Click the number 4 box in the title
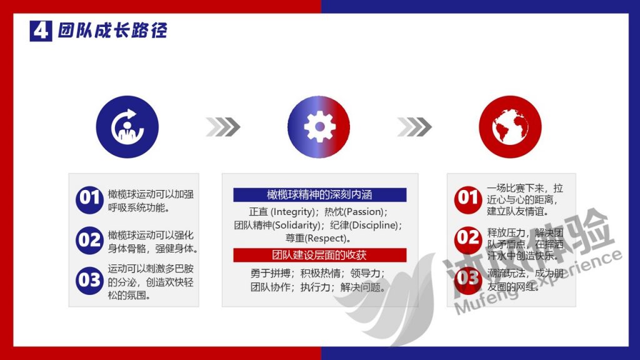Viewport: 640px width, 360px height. pos(41,31)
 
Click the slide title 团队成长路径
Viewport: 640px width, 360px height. pos(112,31)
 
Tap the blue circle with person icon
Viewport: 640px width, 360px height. pos(127,127)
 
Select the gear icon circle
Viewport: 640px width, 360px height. pos(319,127)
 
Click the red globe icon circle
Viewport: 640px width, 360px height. pos(509,127)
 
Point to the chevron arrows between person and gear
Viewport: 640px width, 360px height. pos(222,127)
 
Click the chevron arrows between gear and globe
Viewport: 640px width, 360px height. pos(414,127)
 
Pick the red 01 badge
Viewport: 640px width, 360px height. pos(467,199)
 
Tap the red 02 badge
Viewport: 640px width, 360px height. pos(467,238)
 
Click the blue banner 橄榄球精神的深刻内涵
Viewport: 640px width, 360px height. pos(320,195)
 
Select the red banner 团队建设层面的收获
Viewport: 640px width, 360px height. pos(320,255)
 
